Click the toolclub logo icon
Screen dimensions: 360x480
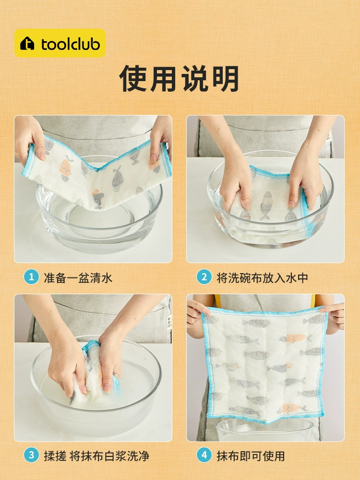27,43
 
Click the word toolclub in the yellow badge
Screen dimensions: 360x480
71,44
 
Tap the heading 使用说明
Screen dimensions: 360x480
180,78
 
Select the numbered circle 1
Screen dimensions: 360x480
31,277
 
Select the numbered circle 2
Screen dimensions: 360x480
204,277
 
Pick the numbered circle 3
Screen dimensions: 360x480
31,455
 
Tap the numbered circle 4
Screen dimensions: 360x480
204,455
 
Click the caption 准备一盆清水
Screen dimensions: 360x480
78,277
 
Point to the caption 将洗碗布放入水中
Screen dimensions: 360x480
263,277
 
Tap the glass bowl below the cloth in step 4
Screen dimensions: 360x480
265,430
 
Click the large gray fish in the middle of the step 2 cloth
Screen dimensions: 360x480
266,205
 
